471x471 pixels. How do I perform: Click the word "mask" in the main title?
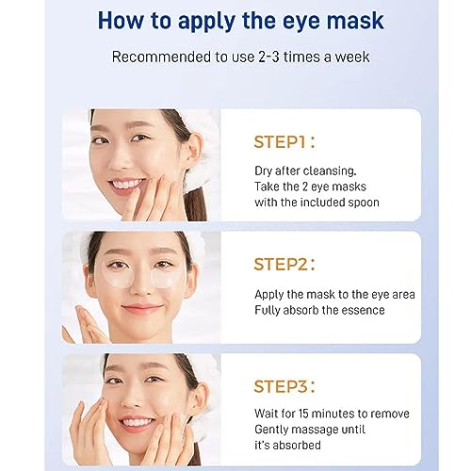coord(355,21)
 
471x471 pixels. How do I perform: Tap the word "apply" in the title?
coord(206,23)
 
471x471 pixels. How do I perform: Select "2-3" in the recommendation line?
coord(268,57)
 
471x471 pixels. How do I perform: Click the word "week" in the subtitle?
coord(352,57)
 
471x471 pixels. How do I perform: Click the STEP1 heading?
coord(284,142)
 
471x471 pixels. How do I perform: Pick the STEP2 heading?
coord(284,265)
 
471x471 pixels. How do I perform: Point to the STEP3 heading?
coord(284,386)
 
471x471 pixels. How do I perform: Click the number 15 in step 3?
coord(303,414)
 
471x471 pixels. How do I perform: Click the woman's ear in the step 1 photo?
coord(194,150)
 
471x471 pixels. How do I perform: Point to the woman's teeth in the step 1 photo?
coord(128,184)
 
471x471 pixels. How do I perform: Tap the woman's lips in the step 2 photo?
coord(142,308)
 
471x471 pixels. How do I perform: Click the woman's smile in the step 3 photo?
coord(138,422)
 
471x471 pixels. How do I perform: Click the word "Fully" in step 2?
coord(267,311)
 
